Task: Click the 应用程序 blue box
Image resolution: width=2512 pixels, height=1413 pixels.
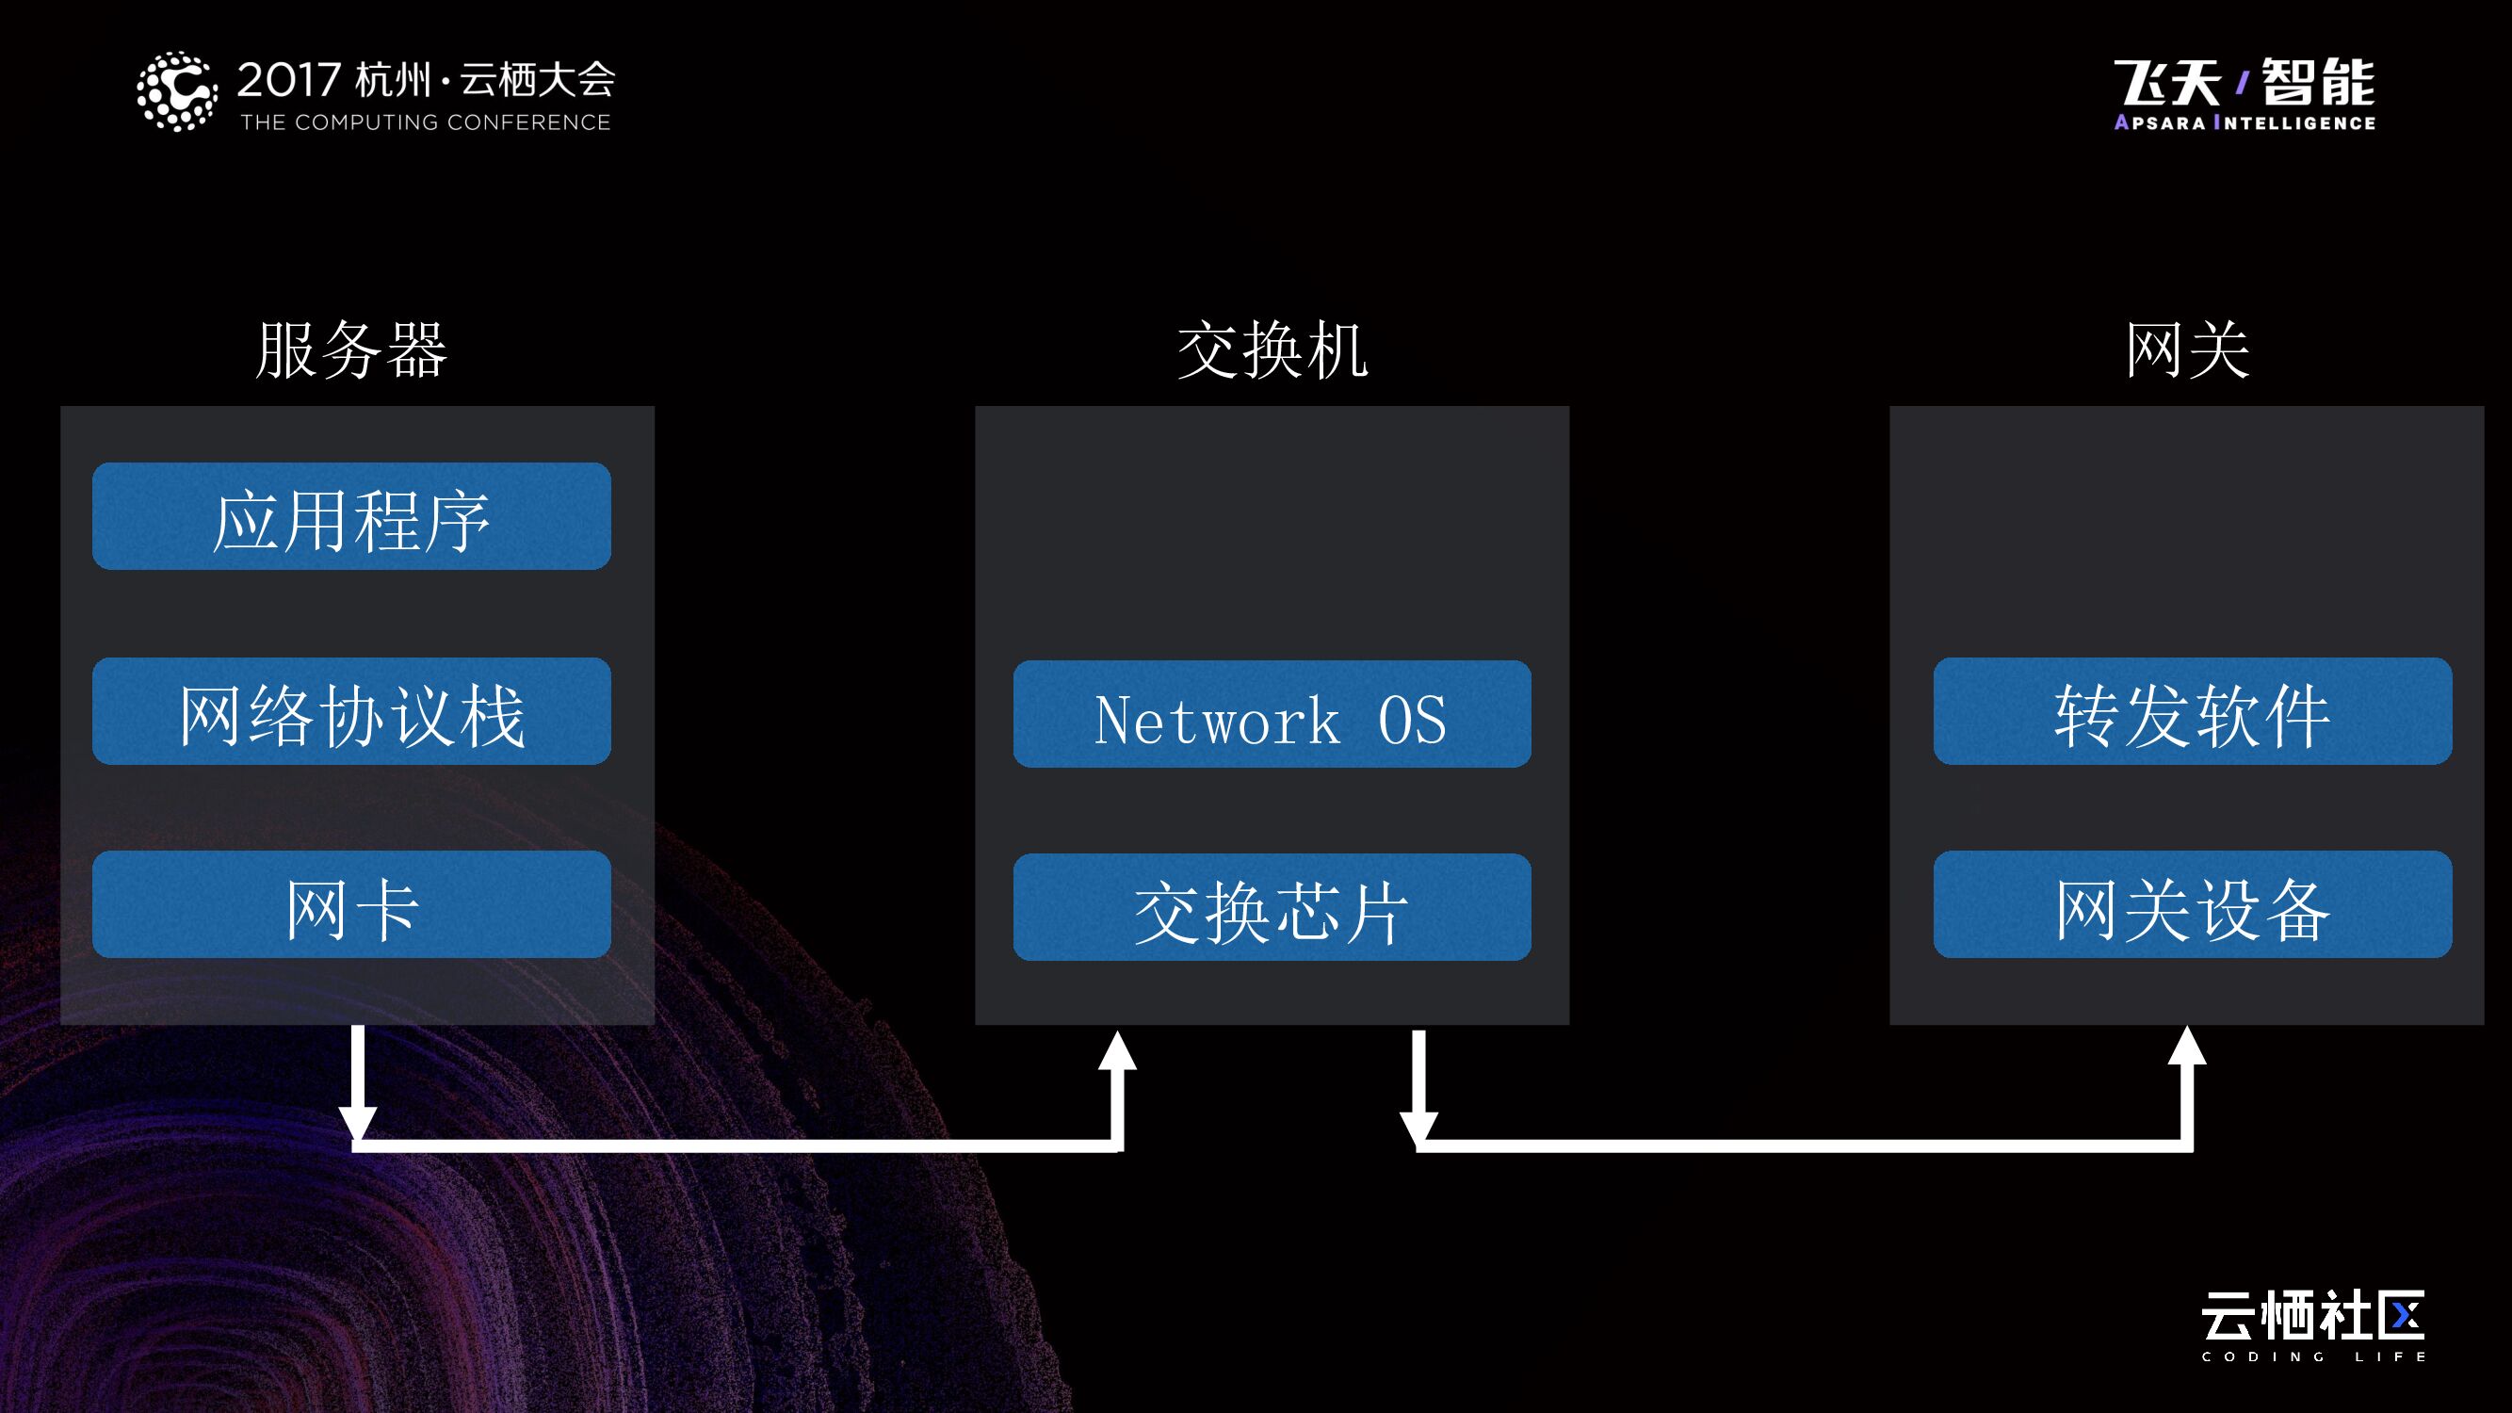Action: coord(351,516)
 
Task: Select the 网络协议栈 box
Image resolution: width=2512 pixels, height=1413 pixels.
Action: coord(351,711)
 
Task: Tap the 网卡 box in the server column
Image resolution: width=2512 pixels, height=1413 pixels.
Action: coord(351,904)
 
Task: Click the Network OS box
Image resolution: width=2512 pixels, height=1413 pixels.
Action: coord(1272,714)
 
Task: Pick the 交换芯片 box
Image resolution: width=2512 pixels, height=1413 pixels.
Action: coord(1272,907)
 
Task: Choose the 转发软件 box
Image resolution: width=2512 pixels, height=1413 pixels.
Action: coord(2192,711)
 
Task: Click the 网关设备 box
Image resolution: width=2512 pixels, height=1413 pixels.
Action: coord(2192,904)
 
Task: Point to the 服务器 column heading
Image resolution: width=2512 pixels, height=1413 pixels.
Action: coord(352,349)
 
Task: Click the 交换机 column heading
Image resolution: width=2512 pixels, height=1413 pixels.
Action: coord(1272,349)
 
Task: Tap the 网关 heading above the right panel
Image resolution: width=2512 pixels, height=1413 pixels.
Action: coord(2187,349)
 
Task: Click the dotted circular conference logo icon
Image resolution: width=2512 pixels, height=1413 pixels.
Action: coord(176,91)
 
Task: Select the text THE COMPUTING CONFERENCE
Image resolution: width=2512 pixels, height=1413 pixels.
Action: coord(425,122)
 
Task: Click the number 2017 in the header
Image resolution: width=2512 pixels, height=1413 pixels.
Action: coord(288,80)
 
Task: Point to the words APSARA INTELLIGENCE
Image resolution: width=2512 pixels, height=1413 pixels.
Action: coord(2245,122)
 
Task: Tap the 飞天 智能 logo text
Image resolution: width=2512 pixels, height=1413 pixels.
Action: coord(2245,82)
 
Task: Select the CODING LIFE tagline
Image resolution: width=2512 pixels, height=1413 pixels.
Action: coord(2313,1356)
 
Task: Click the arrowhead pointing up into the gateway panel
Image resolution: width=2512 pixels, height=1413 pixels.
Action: coord(2187,1046)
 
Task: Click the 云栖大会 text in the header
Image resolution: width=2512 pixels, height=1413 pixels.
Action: coord(537,80)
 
